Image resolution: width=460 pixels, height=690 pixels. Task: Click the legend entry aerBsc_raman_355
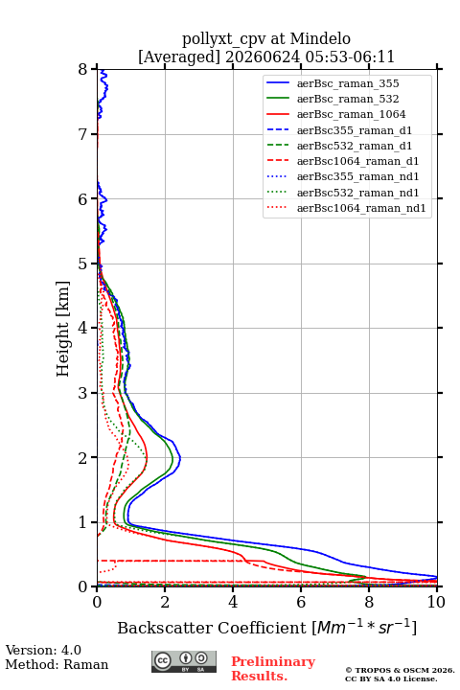[348, 83]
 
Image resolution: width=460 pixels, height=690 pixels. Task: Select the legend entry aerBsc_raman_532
[348, 99]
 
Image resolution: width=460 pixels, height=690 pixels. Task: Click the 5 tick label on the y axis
[83, 264]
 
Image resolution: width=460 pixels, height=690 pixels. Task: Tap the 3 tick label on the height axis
[83, 393]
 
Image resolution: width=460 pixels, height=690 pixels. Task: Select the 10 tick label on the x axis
[436, 602]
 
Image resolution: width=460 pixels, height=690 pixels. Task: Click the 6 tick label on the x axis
[301, 602]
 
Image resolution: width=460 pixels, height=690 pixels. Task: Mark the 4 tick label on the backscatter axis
[233, 602]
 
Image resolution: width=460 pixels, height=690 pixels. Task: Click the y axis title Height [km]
[63, 329]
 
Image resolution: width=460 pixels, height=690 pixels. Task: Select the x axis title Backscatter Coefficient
[212, 628]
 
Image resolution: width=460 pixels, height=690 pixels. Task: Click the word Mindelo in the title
[320, 38]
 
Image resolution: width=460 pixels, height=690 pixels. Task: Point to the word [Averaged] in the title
[179, 57]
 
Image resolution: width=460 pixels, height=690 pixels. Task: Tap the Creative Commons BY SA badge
[184, 661]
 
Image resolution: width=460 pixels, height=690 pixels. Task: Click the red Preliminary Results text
[273, 669]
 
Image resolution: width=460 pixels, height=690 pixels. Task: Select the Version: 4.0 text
[43, 650]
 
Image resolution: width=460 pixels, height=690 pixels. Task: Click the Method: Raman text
[57, 664]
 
